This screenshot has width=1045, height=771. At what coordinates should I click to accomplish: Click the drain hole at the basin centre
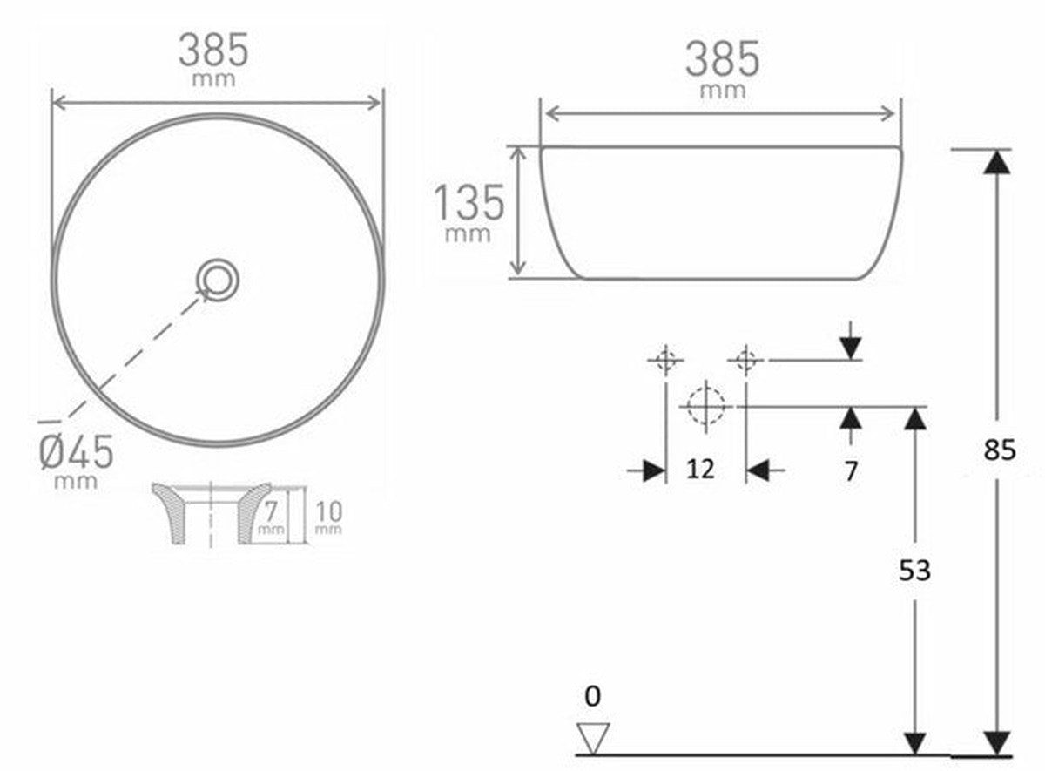tap(218, 280)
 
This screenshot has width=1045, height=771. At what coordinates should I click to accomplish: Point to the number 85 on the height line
tap(1000, 451)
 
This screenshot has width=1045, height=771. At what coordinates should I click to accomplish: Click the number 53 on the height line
tap(915, 571)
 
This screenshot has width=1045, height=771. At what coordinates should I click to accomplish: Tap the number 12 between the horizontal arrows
tap(701, 470)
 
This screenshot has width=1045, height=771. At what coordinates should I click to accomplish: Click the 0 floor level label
tap(592, 696)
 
